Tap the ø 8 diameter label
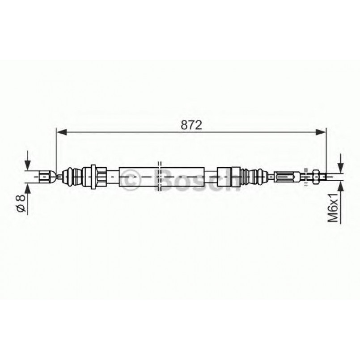pos(20,203)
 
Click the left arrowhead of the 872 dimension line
pos(61,132)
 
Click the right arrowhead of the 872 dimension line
pos(321,132)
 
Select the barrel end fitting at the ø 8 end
pos(46,177)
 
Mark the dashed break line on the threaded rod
pos(305,177)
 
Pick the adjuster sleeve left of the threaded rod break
pos(287,177)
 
